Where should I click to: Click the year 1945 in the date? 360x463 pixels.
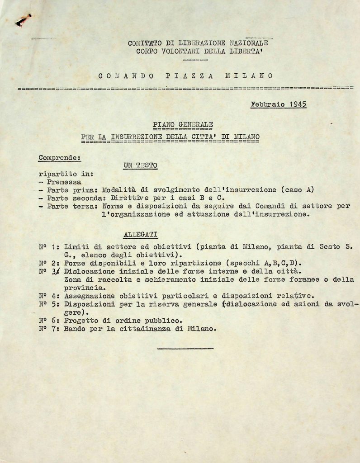[296, 104]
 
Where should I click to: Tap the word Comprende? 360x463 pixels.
[59, 158]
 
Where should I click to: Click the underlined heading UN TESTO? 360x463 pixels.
[140, 165]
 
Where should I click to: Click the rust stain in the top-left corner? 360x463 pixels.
[23, 20]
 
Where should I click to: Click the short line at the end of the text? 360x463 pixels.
[185, 348]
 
